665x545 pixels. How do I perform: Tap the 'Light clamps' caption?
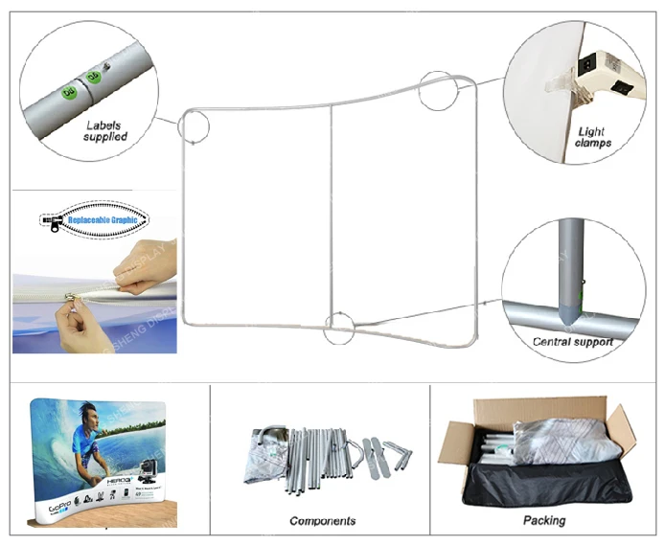[x=594, y=137]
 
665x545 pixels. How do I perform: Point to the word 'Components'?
[x=323, y=521]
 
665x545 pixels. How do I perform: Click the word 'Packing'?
[x=543, y=521]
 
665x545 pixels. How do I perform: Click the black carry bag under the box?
[x=537, y=488]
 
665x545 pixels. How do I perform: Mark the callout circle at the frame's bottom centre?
[x=339, y=328]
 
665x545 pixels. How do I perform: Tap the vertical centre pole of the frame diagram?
[x=332, y=211]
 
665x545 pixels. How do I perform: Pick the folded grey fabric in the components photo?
[x=267, y=455]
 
